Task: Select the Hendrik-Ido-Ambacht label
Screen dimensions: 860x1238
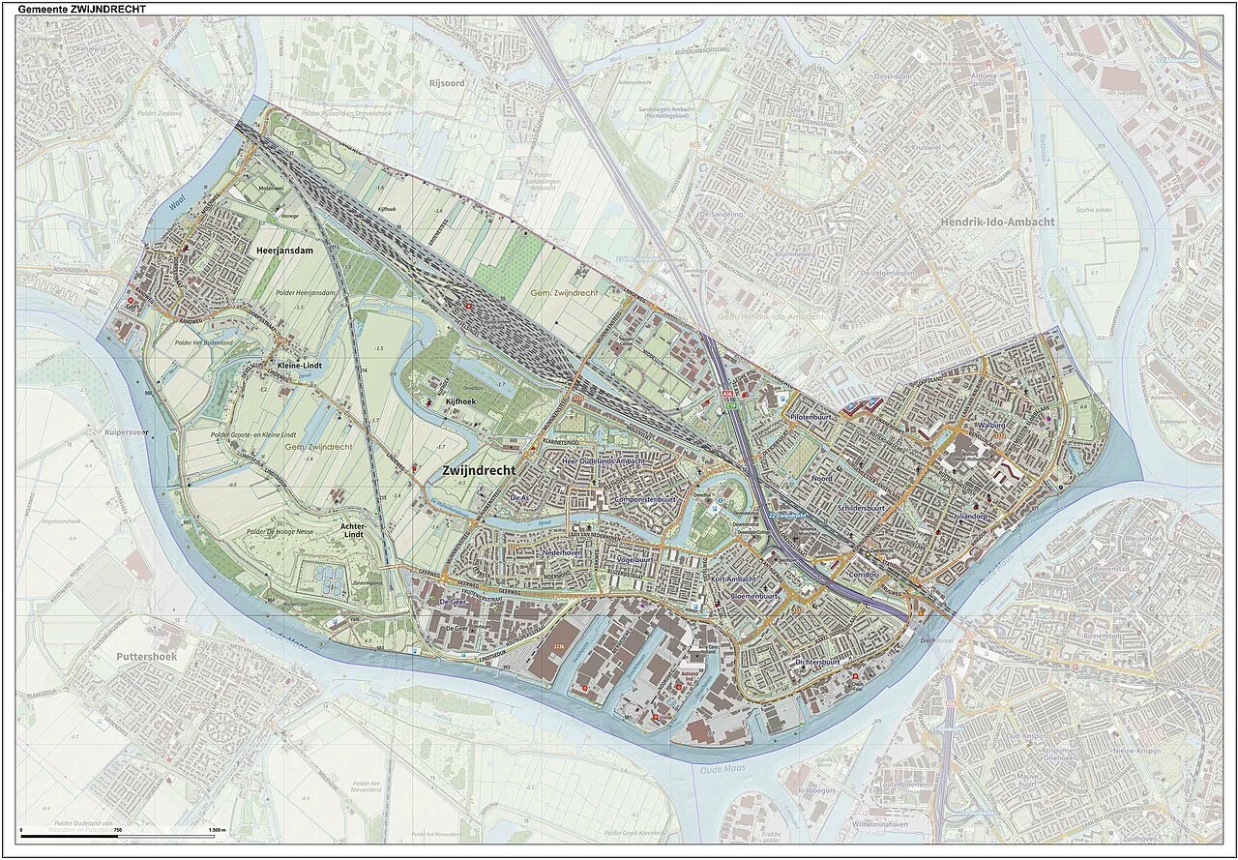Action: (x=997, y=222)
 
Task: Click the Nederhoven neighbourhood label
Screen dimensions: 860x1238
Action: (x=557, y=551)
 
